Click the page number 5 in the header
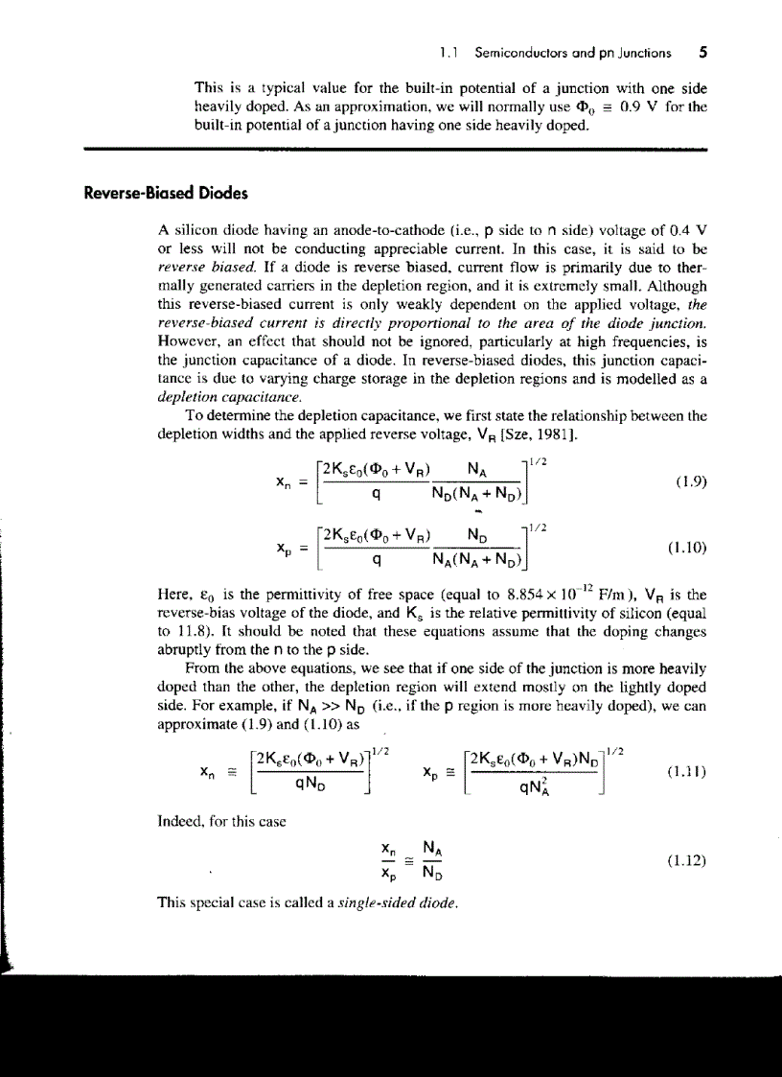pyautogui.click(x=702, y=53)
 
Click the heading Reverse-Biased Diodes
pyautogui.click(x=166, y=193)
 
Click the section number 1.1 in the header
pyautogui.click(x=445, y=54)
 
